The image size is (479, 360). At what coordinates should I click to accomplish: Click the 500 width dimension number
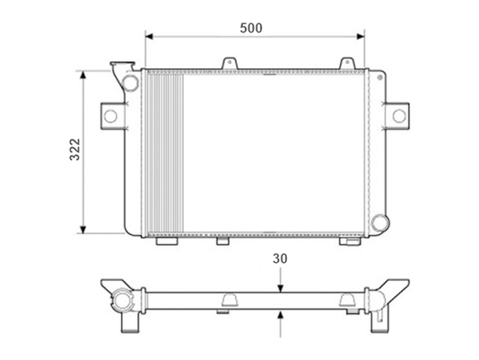(251, 28)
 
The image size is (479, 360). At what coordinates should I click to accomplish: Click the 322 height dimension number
(74, 149)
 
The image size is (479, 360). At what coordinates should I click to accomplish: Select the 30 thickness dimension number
(280, 259)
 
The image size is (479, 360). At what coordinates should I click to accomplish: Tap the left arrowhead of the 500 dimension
(149, 37)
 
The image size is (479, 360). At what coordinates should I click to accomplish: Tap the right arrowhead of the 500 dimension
(361, 37)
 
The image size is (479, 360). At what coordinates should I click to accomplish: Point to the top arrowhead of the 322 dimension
(83, 75)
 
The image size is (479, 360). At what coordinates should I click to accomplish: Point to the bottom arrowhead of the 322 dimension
(83, 230)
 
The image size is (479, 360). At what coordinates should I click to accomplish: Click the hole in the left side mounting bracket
(110, 116)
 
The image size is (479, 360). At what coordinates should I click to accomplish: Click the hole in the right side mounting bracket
(399, 116)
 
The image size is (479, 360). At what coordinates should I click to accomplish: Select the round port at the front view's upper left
(130, 83)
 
